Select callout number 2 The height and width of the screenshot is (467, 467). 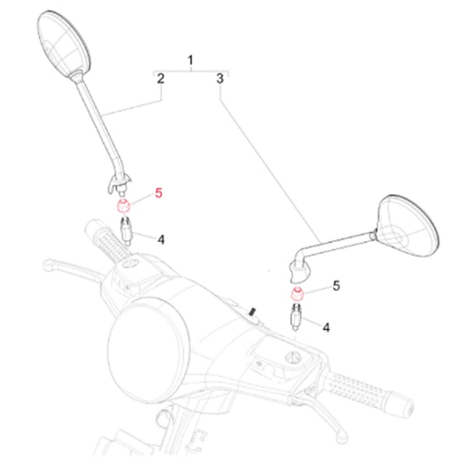pos(160,79)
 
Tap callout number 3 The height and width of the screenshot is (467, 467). pos(220,79)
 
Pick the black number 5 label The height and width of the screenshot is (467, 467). pos(336,286)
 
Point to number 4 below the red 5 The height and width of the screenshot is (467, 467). pos(160,239)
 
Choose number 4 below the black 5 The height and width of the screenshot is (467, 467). pos(326,328)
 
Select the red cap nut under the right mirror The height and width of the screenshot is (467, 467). pos(297,295)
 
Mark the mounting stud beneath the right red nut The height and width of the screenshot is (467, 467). pos(297,317)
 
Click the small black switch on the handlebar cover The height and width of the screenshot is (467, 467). pos(252,313)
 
